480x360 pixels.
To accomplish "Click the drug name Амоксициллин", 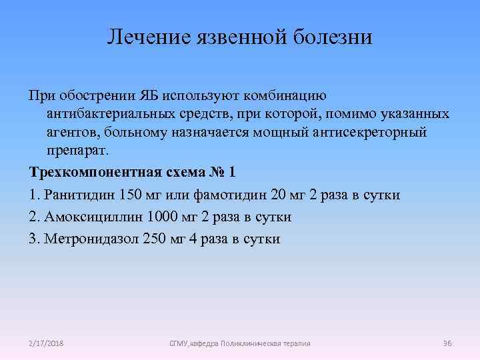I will click(x=91, y=217).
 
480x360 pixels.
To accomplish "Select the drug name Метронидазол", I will click(x=91, y=239).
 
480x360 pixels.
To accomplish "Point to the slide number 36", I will click(x=447, y=343).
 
